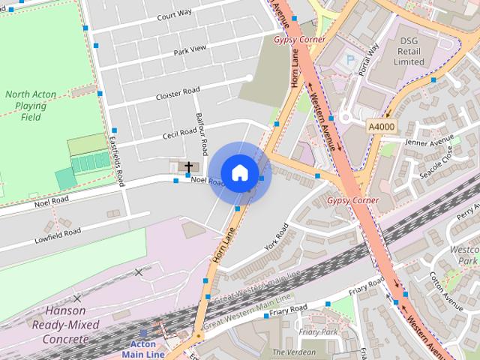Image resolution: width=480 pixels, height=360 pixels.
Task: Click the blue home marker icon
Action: coord(239,172)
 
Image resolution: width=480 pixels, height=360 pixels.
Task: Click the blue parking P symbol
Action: coord(348,59)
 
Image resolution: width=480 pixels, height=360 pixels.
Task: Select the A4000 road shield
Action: coord(380,127)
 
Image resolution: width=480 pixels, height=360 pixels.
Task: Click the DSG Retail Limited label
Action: coord(408,51)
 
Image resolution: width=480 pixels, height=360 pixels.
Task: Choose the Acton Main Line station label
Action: coord(143,350)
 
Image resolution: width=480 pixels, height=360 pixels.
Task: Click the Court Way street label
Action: coord(174,14)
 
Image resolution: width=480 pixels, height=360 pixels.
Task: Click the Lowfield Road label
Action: coord(57,236)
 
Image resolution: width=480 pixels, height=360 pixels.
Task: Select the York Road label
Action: coord(276,237)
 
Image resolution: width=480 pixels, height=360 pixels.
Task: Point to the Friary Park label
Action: coord(319,331)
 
